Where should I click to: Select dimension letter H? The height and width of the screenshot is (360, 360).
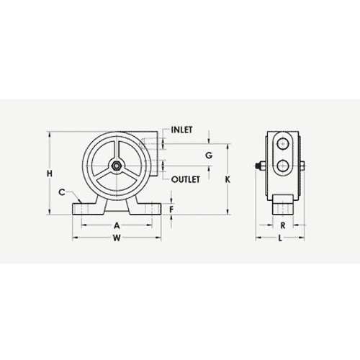tap(49, 174)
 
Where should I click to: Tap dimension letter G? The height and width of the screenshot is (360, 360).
tap(209, 156)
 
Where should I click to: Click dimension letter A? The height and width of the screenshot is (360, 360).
tap(117, 225)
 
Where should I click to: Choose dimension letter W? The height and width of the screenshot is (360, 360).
tap(117, 241)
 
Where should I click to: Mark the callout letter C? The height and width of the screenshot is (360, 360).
tap(63, 192)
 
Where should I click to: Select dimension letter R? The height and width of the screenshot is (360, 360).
tap(283, 225)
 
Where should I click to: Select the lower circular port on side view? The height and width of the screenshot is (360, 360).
tap(283, 167)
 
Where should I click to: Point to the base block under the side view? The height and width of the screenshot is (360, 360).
tap(283, 204)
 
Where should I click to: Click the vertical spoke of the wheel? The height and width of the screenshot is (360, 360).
tap(116, 151)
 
